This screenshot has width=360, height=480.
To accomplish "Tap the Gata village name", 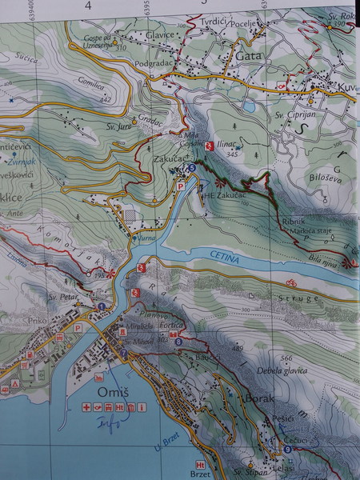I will [250, 56].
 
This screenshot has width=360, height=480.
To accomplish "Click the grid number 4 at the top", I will [89, 5].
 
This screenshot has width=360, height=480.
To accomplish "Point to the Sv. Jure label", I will [118, 125].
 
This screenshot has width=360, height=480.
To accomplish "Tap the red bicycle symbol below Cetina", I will [291, 282].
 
